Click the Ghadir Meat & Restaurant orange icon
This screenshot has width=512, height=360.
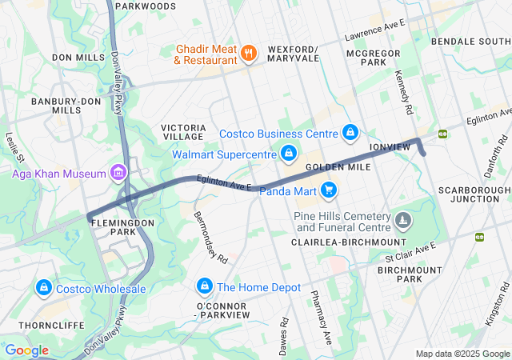tap(249, 54)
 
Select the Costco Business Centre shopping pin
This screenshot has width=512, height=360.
tap(350, 132)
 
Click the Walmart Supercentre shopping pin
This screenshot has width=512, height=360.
tap(289, 152)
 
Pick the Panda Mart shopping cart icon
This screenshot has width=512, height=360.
tap(328, 190)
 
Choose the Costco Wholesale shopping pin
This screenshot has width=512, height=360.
tap(44, 287)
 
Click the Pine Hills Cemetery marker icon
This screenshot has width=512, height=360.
tap(403, 218)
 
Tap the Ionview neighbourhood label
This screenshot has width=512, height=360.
tap(389, 147)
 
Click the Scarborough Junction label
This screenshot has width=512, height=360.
tap(474, 194)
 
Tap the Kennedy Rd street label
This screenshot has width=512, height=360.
tap(403, 90)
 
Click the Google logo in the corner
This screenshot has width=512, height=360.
tap(26, 350)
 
